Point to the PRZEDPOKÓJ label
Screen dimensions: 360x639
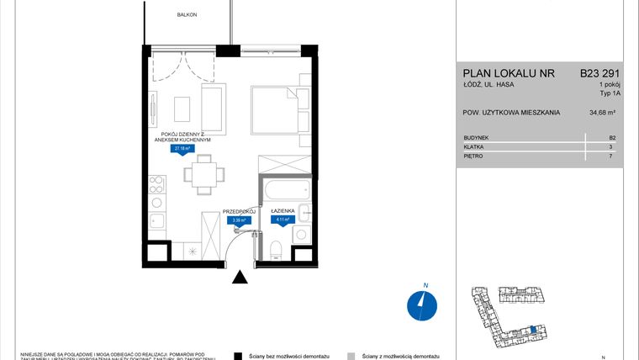(x=239, y=212)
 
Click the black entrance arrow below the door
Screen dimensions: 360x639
(x=240, y=278)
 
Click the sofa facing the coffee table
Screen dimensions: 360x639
(x=214, y=109)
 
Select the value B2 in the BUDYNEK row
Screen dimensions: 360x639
(x=612, y=137)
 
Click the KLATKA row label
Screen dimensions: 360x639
(x=473, y=146)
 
